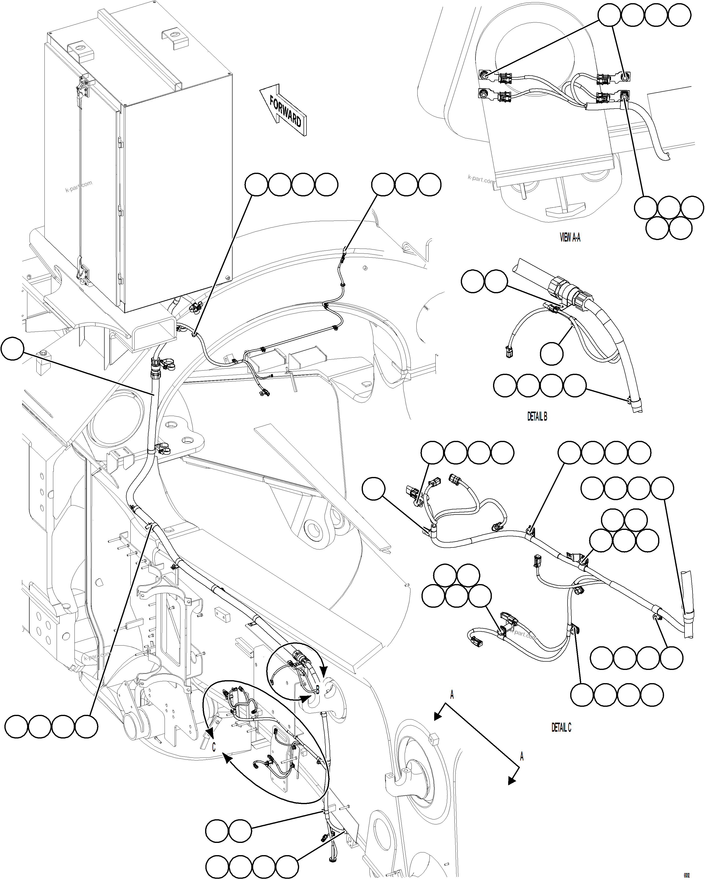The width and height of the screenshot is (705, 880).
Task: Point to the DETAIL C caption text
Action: pos(561,727)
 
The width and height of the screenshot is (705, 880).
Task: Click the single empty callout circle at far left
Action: pos(12,349)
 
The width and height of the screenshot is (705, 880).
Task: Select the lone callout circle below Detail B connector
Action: pos(551,354)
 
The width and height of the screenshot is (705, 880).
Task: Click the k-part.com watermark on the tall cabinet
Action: pos(79,187)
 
